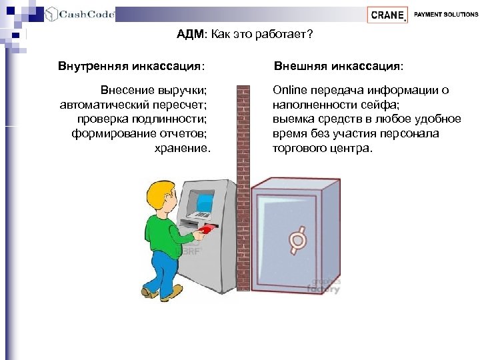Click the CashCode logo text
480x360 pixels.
tap(86, 14)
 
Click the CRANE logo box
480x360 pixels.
tap(387, 15)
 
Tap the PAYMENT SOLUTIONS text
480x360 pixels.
tap(445, 14)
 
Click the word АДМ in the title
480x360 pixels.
tap(190, 34)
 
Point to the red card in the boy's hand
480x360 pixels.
tap(207, 229)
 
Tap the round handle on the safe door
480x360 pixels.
tap(296, 237)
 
